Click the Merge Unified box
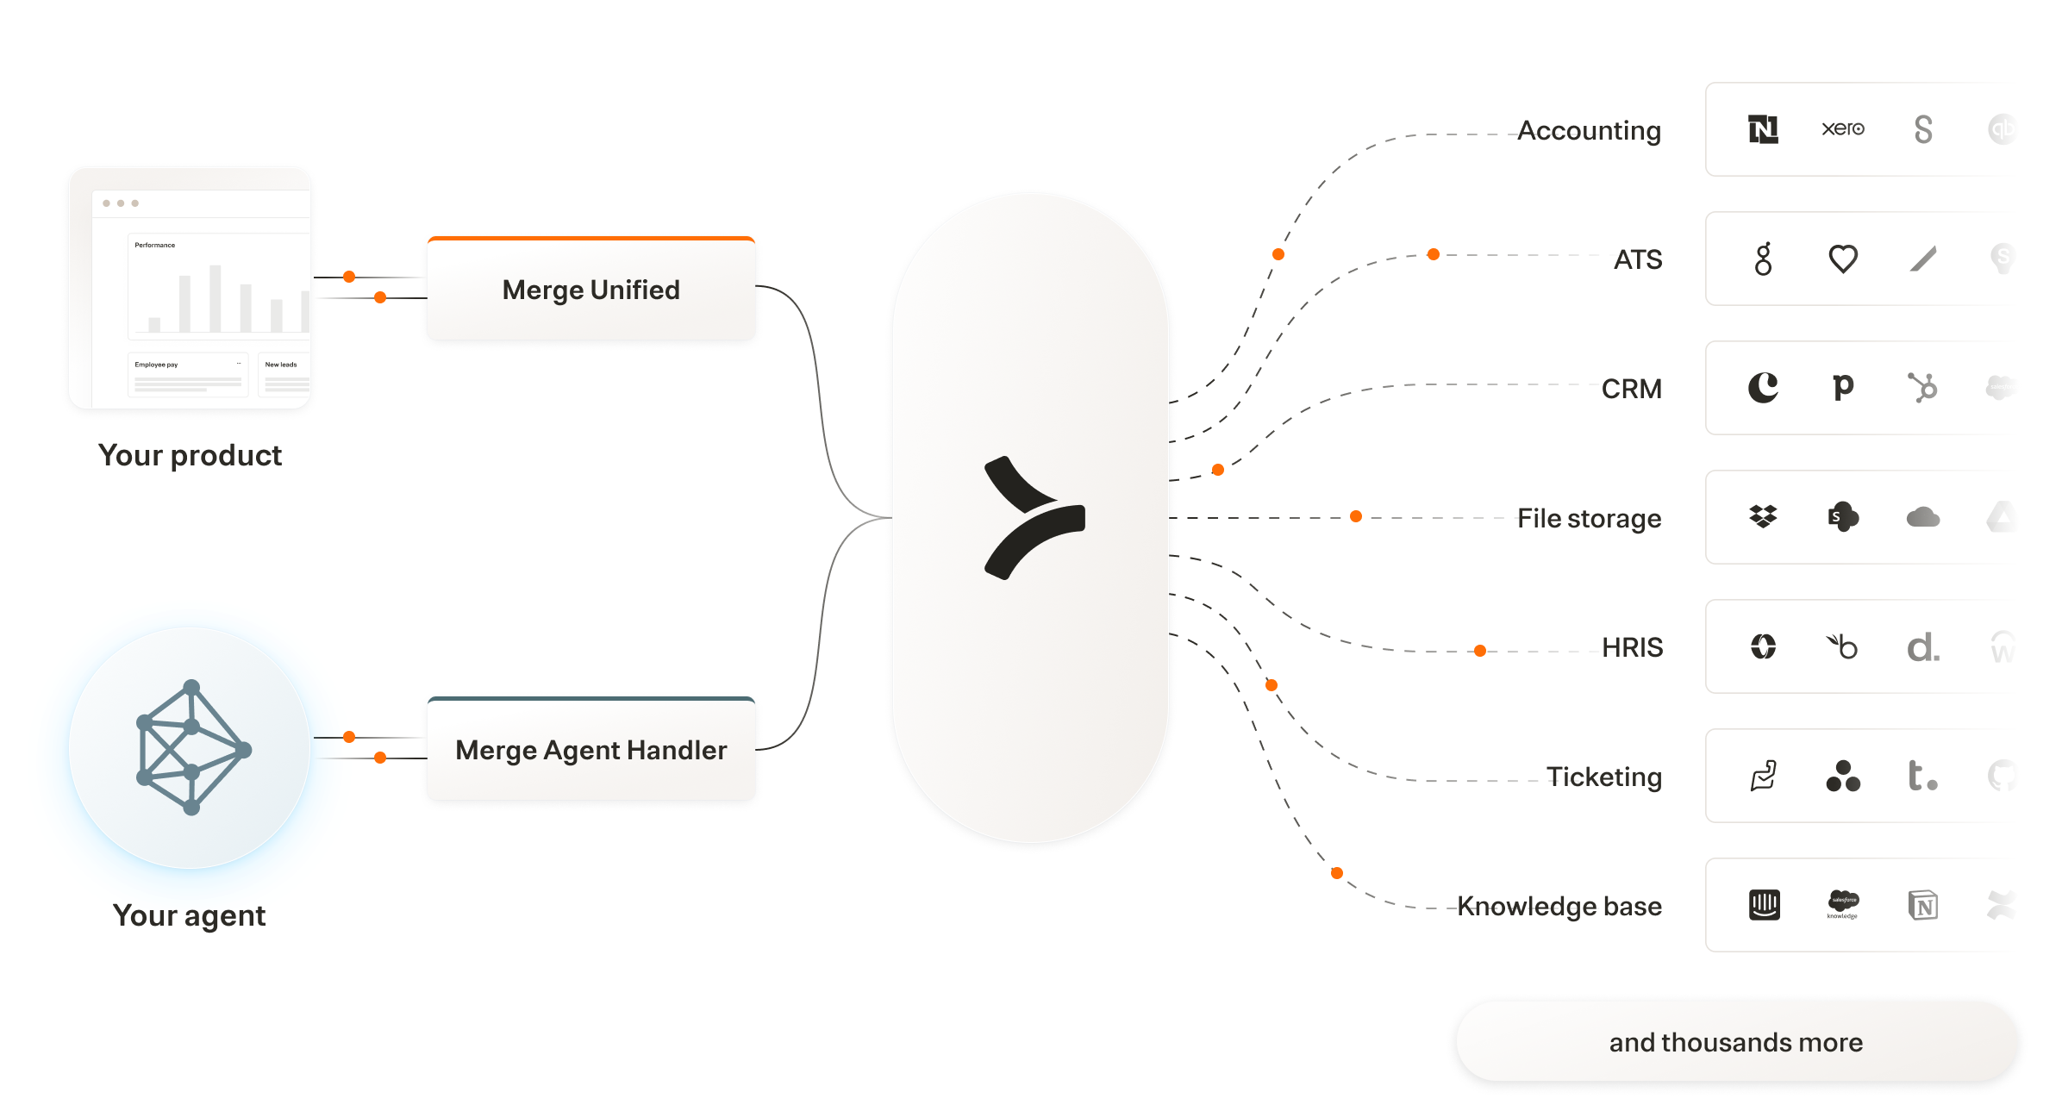(591, 290)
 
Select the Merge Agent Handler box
(591, 750)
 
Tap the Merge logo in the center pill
(1034, 518)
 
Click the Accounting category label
(1589, 130)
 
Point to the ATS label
(1637, 259)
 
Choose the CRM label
(1631, 389)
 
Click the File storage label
(1589, 518)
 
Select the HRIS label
(1632, 647)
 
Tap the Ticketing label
(1603, 777)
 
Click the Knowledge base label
(1559, 906)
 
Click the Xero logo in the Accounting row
(1843, 129)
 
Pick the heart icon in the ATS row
(1843, 259)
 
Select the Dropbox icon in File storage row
(1763, 517)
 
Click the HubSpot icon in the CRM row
(1922, 388)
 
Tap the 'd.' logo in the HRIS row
(1923, 646)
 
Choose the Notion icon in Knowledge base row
(1923, 905)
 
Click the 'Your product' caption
(190, 455)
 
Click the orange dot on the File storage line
(1356, 516)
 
